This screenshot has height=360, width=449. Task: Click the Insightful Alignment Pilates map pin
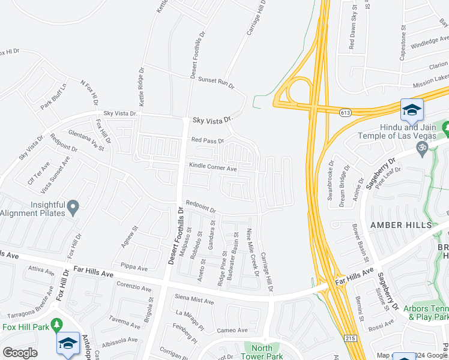[x=73, y=208]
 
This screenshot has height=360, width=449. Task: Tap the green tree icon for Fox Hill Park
[x=57, y=325]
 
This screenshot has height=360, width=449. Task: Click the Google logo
[x=20, y=353]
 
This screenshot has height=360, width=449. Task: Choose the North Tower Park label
[x=262, y=352]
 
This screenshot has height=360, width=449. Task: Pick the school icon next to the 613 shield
[x=412, y=110]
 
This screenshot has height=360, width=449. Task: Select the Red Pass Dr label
[x=207, y=141]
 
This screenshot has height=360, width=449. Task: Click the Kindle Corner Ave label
[x=213, y=167]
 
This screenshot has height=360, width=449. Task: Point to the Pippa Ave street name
[x=134, y=267]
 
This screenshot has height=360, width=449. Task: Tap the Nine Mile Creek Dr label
[x=251, y=254]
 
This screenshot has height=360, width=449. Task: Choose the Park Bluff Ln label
[x=53, y=97]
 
